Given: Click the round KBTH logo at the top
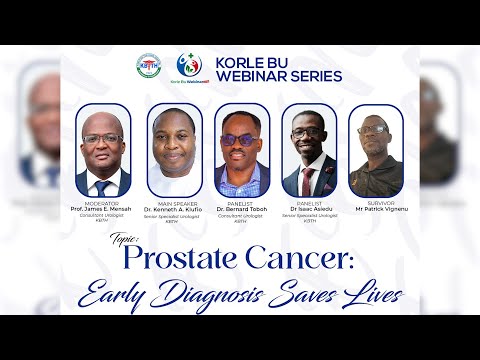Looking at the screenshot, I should [x=148, y=66].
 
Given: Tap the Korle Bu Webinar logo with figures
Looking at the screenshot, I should [x=188, y=66].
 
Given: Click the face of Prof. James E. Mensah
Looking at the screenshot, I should [x=102, y=139].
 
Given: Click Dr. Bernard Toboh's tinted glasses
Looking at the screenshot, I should [x=241, y=139].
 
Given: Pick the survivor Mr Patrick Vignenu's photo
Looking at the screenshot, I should [x=376, y=150].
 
